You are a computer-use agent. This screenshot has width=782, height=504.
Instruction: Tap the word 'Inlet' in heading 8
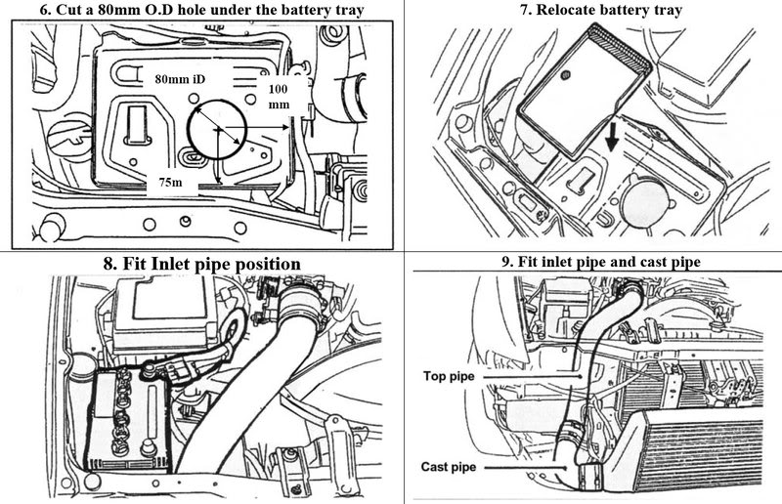(x=169, y=264)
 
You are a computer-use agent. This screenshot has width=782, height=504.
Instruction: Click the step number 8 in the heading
(x=109, y=264)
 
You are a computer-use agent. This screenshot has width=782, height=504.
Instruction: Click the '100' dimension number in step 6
(x=278, y=88)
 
